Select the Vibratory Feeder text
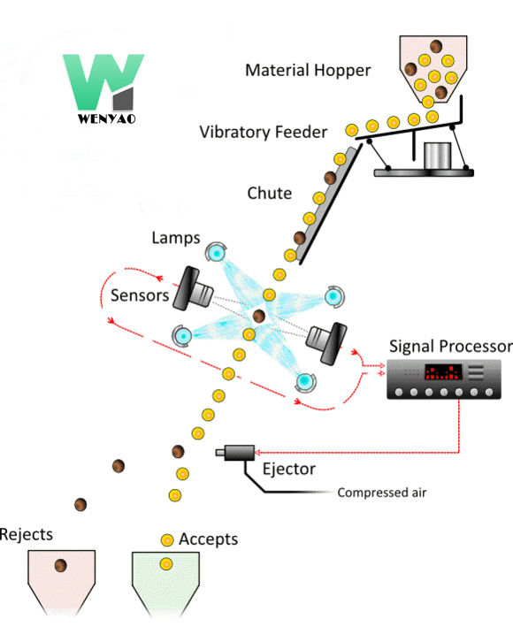click(263, 132)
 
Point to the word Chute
click(270, 193)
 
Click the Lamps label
click(176, 238)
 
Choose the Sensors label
click(139, 295)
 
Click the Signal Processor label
click(450, 345)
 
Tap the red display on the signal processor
click(442, 372)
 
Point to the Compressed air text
click(381, 493)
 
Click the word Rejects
click(26, 534)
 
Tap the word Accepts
click(208, 539)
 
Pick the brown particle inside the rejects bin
click(60, 566)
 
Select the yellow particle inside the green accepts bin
click(165, 563)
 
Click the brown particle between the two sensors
click(259, 315)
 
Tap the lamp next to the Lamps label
click(216, 253)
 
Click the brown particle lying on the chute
click(330, 179)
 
